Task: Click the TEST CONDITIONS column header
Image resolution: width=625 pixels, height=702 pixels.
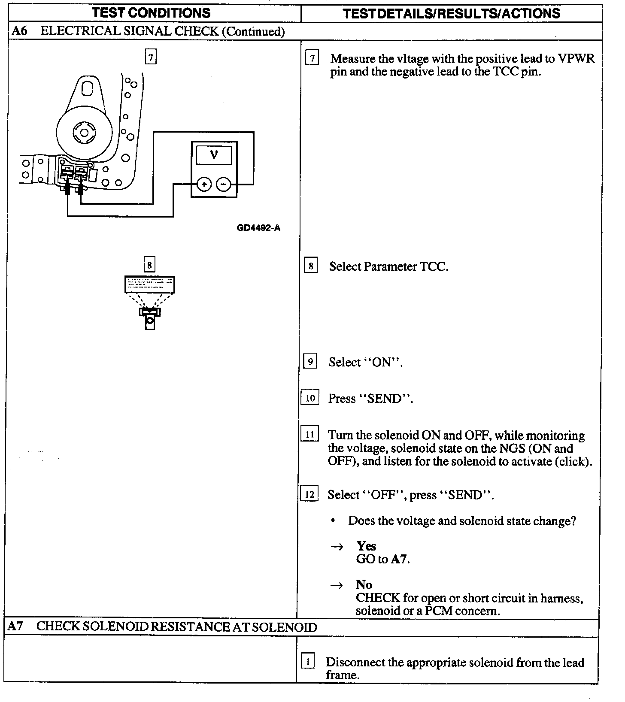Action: point(151,12)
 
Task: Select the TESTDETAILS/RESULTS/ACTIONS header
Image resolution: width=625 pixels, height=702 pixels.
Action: point(452,13)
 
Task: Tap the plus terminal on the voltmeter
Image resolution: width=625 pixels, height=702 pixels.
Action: point(204,185)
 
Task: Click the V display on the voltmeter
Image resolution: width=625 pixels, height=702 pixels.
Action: point(214,154)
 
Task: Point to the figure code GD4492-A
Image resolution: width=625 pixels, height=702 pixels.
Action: point(258,228)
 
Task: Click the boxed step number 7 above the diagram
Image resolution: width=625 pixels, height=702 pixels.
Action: point(151,57)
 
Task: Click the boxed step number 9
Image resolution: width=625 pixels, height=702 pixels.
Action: point(310,361)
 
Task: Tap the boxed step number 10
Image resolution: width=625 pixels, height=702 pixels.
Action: point(310,398)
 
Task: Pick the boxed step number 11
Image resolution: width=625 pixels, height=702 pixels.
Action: point(309,434)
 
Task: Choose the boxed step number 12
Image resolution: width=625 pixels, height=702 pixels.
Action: point(309,494)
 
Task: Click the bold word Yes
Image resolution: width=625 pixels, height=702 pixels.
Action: point(366,546)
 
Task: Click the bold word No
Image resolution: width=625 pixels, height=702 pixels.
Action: point(364,584)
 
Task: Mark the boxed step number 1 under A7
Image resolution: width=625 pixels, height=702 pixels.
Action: point(307,661)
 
